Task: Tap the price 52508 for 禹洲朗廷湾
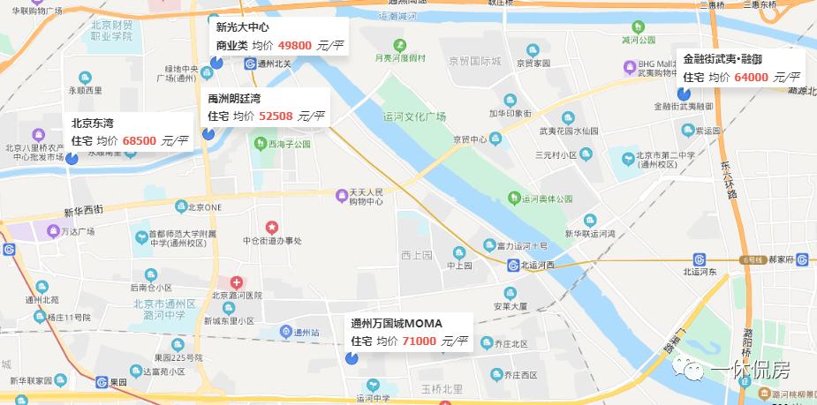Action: click(275, 116)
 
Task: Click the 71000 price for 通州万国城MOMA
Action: click(420, 341)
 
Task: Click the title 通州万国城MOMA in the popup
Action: click(397, 323)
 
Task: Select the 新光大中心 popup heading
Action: click(242, 27)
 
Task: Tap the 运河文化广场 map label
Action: click(414, 116)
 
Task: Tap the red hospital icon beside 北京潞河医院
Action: click(237, 281)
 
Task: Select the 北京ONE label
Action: click(202, 208)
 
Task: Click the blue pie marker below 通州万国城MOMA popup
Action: click(351, 358)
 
